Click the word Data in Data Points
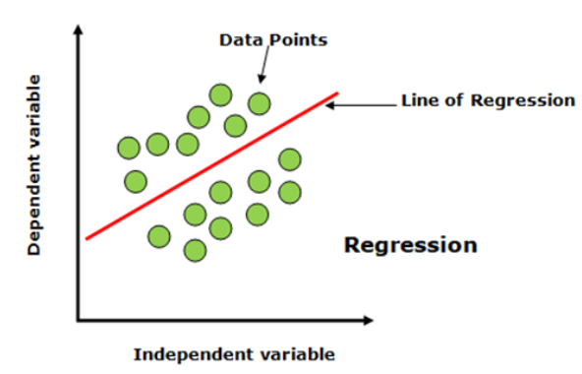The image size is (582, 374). (242, 40)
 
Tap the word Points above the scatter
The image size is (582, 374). (299, 40)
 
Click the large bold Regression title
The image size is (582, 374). (411, 245)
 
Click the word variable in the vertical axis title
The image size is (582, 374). (33, 111)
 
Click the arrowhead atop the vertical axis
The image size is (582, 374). (78, 29)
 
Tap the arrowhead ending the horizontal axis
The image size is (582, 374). (369, 320)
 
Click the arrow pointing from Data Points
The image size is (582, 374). (264, 64)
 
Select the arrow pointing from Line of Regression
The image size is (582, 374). (361, 105)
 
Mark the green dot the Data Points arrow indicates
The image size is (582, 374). (260, 103)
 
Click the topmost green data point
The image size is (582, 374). (220, 95)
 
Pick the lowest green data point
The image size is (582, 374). (195, 251)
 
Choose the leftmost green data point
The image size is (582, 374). (129, 148)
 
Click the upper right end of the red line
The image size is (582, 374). (338, 93)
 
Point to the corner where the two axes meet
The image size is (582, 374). (79, 320)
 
